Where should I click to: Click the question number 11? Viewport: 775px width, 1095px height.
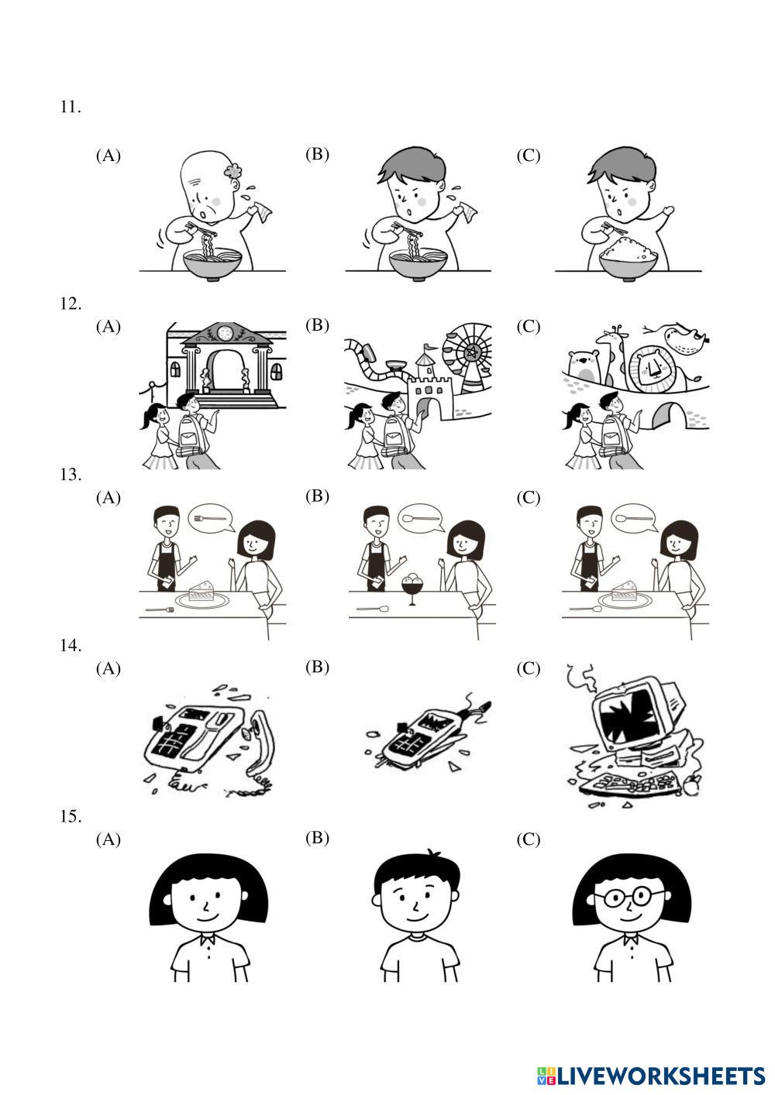coord(70,107)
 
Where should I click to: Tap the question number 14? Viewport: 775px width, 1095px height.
coord(71,645)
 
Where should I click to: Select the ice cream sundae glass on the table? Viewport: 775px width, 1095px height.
coord(412,589)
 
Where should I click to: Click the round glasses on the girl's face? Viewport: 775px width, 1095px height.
coord(629,897)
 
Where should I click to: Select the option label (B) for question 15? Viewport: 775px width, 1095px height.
coord(317,838)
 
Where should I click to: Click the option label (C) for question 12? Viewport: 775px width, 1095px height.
coord(529,326)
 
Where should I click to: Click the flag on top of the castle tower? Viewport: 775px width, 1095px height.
coord(429,347)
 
